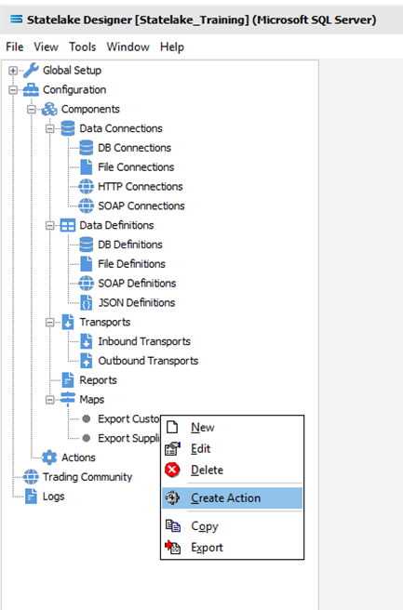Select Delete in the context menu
(207, 470)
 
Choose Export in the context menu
(207, 548)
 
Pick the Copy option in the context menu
(205, 526)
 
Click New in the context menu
(203, 427)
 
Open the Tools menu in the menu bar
(82, 47)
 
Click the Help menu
(171, 47)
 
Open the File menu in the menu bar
(14, 47)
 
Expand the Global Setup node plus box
(13, 71)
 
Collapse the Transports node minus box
(50, 322)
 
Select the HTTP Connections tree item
(141, 187)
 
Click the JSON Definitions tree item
(136, 302)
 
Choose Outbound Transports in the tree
(148, 361)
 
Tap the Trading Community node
(87, 477)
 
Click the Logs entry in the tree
(53, 497)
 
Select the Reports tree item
(98, 380)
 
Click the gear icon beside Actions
(49, 457)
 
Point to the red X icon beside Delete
(172, 470)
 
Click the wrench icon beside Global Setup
(31, 71)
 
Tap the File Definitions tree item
(131, 264)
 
